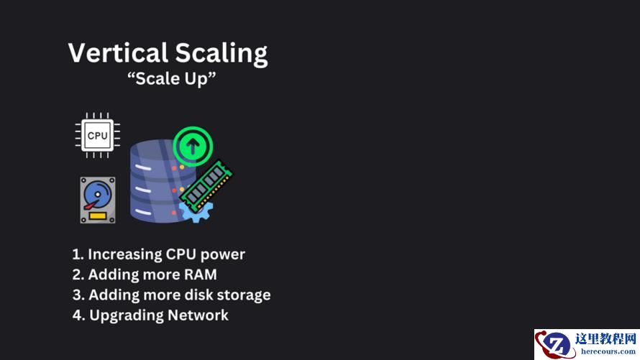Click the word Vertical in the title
[118, 53]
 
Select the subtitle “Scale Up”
[171, 78]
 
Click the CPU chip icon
[98, 135]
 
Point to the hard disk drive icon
[98, 200]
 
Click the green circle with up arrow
[193, 146]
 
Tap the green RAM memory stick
[206, 185]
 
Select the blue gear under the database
[196, 212]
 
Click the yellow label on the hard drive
[98, 216]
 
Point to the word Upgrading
[127, 315]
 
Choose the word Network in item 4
[198, 315]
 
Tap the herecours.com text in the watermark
[608, 351]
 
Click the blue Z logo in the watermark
[556, 344]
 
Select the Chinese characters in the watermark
[605, 338]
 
